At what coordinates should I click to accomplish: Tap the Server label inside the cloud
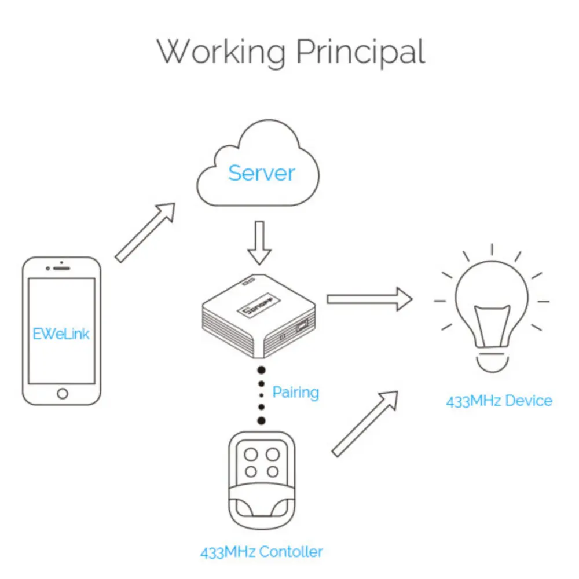pos(261,173)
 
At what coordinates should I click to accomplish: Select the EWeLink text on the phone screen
pos(61,334)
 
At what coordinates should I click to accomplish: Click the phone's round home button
pos(62,394)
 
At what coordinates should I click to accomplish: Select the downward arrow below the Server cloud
pos(259,242)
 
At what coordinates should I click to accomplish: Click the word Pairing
pos(295,393)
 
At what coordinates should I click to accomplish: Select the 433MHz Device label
pos(499,401)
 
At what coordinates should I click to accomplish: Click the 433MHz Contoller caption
pos(261,552)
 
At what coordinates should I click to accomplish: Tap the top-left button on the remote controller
pos(251,455)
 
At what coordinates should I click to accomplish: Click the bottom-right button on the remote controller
pos(270,472)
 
